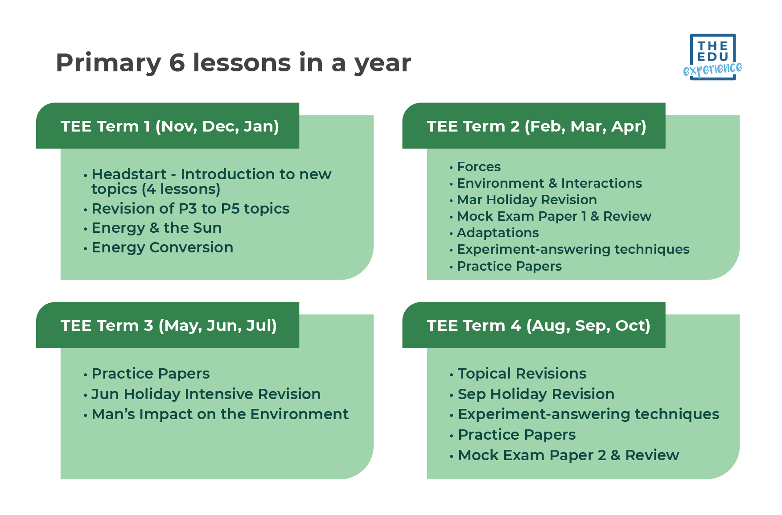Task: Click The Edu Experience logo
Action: (x=712, y=57)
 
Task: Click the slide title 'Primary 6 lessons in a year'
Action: (x=233, y=62)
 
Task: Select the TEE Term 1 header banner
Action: (x=169, y=126)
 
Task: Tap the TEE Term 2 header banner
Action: (x=536, y=126)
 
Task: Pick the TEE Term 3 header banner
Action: (x=169, y=325)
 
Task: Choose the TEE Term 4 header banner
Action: (x=538, y=325)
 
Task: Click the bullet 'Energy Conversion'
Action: (x=162, y=247)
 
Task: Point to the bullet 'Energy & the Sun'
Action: (x=156, y=228)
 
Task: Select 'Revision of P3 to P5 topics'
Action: (x=190, y=209)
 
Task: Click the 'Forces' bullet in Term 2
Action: (x=478, y=167)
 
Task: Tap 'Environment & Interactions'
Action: (x=549, y=183)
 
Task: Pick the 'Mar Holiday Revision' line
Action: (x=527, y=200)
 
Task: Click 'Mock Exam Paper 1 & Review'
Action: (x=554, y=216)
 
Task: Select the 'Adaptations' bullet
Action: (x=498, y=233)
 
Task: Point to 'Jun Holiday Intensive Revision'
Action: (x=206, y=394)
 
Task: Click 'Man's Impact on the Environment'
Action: (x=220, y=414)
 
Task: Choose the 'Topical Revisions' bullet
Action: (x=522, y=374)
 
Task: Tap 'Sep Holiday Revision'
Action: (x=536, y=394)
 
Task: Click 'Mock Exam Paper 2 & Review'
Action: (x=568, y=455)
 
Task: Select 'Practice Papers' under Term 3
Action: (x=150, y=374)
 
